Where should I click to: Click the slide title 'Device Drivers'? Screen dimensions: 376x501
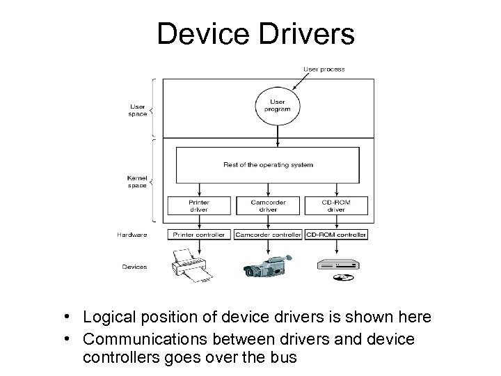[x=255, y=33]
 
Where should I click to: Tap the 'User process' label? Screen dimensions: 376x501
[x=324, y=70]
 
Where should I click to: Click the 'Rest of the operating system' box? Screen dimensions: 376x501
[x=268, y=164]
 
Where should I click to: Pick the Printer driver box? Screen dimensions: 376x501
[x=199, y=205]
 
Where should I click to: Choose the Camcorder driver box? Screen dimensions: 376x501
[x=268, y=205]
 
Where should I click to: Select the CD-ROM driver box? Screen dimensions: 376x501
[x=336, y=205]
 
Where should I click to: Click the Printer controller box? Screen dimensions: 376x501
[x=199, y=235]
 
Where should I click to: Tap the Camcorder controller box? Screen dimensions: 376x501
[x=268, y=235]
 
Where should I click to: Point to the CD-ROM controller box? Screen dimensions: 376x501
[x=336, y=235]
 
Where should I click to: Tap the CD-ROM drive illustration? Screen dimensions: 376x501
[x=337, y=264]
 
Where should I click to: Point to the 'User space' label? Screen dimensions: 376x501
[x=138, y=110]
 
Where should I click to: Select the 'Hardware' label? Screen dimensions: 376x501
[x=132, y=235]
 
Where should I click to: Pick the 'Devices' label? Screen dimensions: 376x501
[x=134, y=267]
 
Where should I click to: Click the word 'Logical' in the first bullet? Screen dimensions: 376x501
[x=106, y=318]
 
